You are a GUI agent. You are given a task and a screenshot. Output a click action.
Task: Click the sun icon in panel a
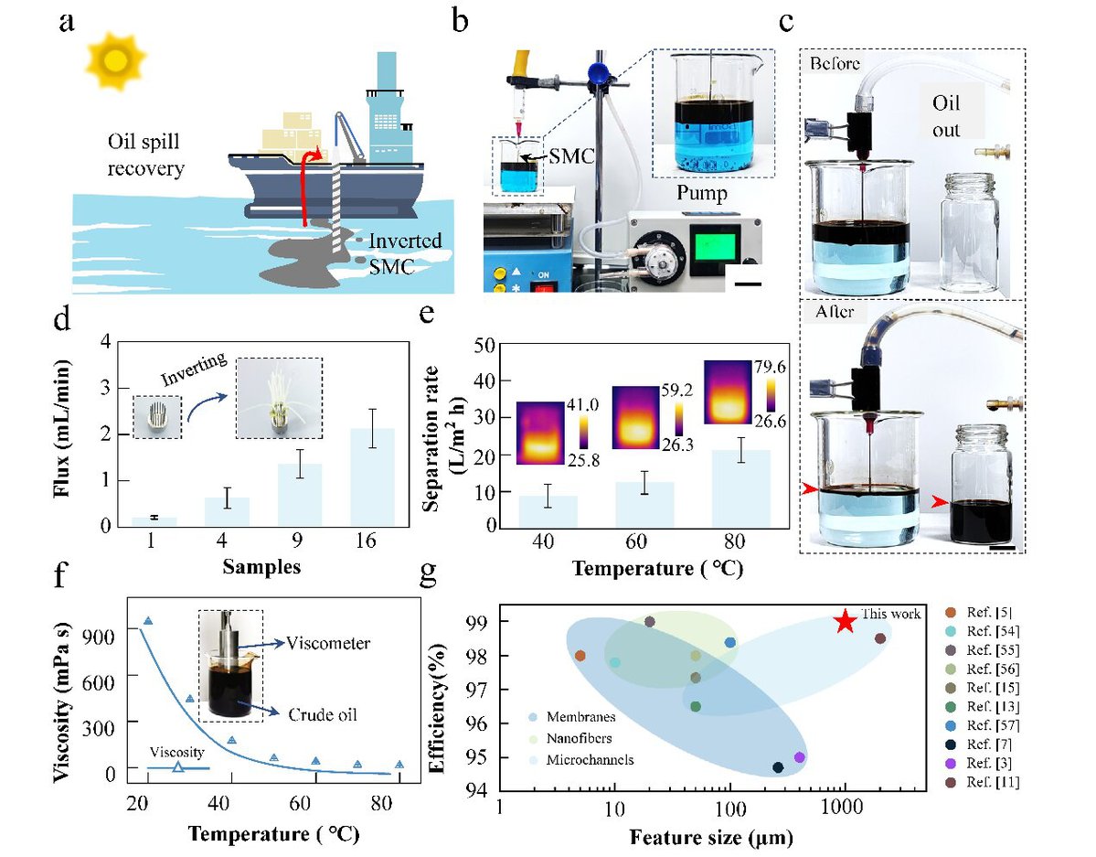(x=115, y=60)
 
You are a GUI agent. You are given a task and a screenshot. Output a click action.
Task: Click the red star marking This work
(x=845, y=622)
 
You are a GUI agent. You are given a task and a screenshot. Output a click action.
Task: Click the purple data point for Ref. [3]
(x=800, y=757)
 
